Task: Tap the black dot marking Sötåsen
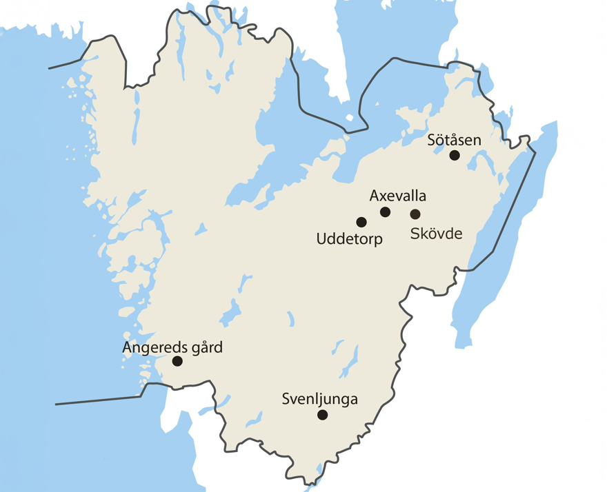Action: (x=454, y=155)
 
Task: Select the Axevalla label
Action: (x=398, y=195)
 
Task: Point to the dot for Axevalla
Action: (x=385, y=212)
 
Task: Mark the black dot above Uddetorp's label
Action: (x=360, y=222)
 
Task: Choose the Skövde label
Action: (x=436, y=233)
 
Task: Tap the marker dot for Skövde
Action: (x=415, y=214)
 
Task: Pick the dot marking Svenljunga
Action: (x=321, y=415)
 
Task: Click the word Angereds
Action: (x=152, y=347)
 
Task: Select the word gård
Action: (x=205, y=347)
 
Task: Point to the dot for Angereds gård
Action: (x=177, y=361)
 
